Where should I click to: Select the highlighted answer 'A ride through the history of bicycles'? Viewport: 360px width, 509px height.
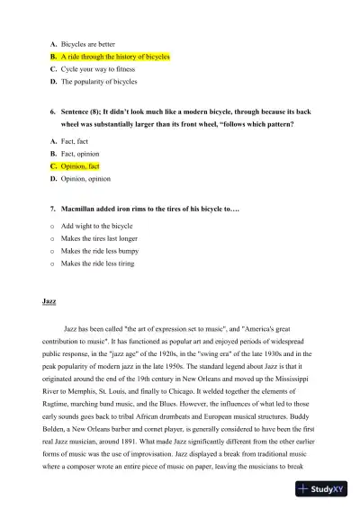point(115,56)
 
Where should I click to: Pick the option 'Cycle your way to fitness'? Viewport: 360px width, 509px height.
point(98,68)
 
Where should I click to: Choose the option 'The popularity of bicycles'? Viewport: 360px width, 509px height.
point(99,81)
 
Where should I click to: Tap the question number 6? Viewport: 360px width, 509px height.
point(54,112)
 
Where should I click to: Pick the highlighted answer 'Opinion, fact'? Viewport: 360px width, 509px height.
point(81,166)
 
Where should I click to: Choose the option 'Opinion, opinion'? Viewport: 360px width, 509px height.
point(85,179)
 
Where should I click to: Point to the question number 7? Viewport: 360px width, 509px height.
point(54,208)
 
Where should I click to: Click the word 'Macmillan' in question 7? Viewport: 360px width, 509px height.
point(82,208)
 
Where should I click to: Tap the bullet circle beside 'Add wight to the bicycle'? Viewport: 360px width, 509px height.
point(53,226)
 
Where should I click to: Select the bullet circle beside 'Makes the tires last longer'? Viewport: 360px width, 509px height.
point(53,238)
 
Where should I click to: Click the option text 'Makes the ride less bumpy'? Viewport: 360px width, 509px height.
point(101,251)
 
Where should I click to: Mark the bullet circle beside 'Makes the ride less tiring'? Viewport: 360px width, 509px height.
point(53,263)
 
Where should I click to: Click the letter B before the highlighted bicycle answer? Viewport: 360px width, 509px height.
point(54,56)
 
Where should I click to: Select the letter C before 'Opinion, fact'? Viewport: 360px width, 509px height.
point(54,166)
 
